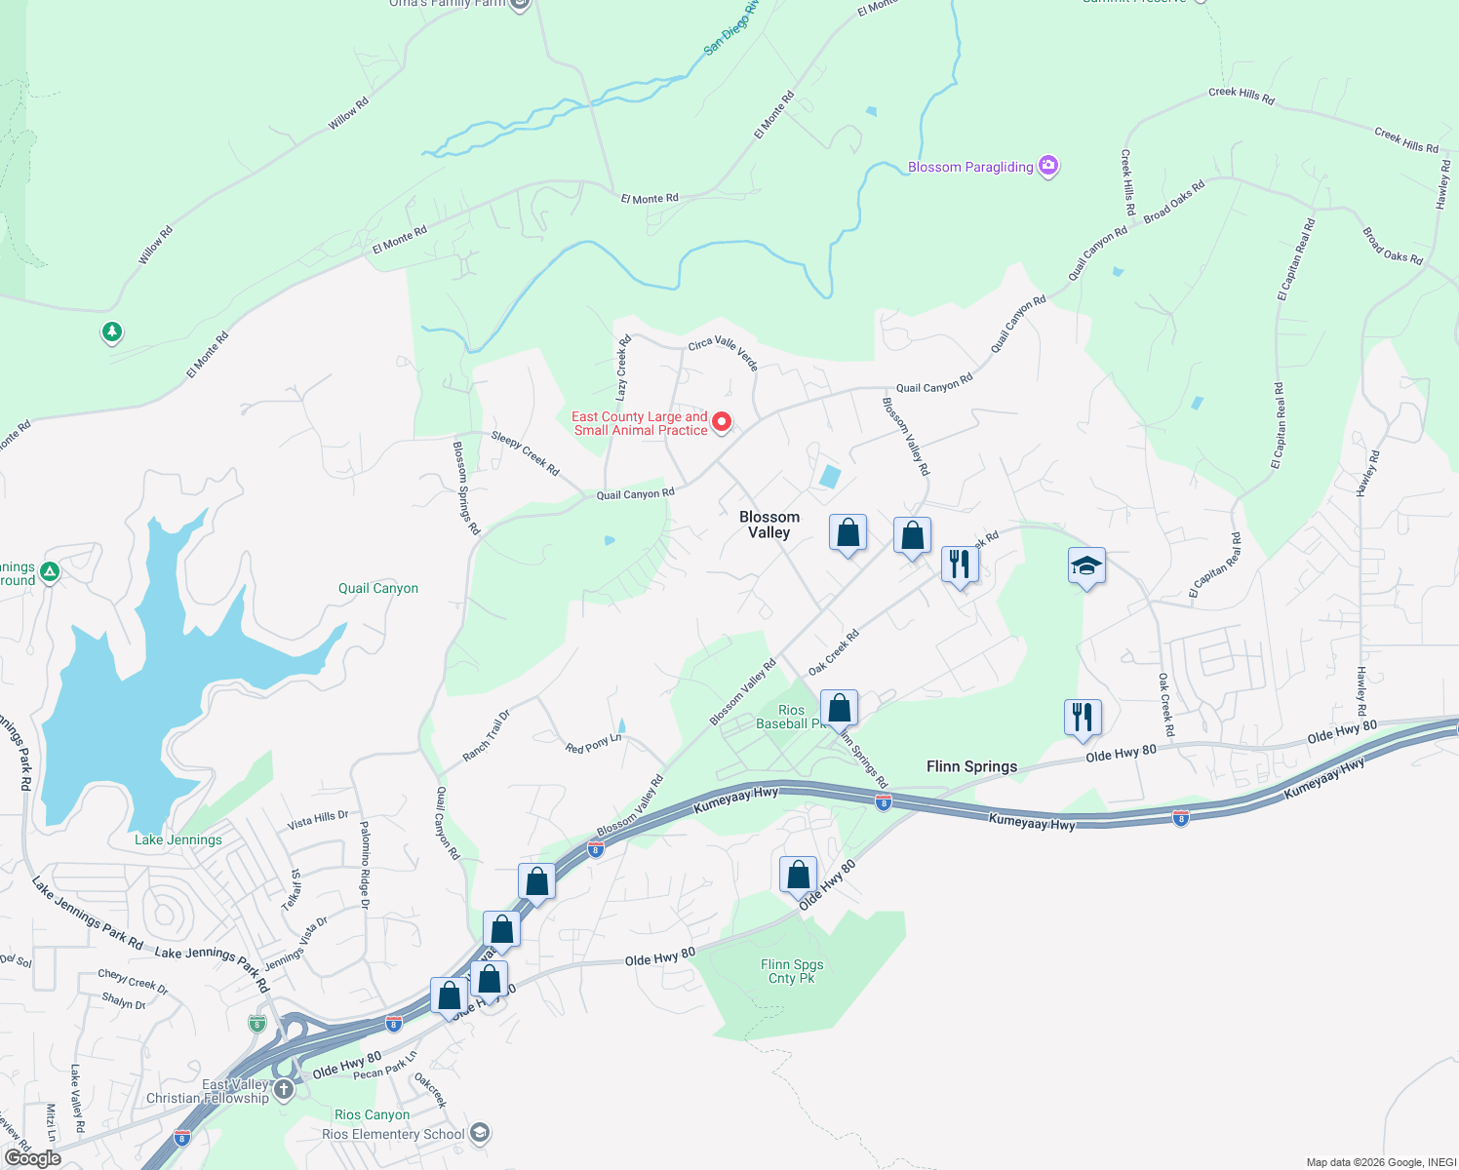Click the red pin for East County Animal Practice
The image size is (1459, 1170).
722,422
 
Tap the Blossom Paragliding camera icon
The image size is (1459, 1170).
1048,166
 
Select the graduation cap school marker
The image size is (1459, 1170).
1086,566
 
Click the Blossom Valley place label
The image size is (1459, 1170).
769,525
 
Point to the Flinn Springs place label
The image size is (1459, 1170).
971,766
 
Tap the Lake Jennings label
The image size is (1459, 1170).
178,839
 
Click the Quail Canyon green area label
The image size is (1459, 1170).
378,588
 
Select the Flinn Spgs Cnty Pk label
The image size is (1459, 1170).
792,971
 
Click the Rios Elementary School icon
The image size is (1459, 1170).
479,1133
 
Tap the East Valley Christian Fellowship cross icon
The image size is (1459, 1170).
284,1089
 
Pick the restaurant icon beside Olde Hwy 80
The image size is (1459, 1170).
1083,718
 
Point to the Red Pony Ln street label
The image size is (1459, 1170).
593,744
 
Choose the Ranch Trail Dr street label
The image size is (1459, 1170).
486,736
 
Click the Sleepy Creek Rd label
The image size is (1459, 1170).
526,453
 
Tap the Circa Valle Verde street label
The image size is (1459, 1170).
723,353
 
